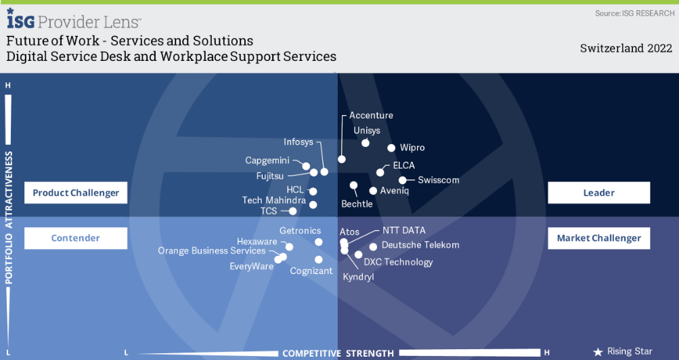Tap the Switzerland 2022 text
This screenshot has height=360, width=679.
[x=626, y=48]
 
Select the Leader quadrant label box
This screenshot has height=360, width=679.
[x=598, y=193]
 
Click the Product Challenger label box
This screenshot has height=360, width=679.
[x=76, y=193]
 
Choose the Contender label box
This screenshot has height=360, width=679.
[x=76, y=238]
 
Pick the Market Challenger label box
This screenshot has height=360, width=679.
[x=598, y=238]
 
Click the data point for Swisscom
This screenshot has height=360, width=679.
[x=403, y=180]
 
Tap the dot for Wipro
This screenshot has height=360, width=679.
[x=391, y=148]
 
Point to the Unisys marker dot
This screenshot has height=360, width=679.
[x=366, y=142]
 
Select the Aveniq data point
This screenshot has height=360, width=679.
[x=373, y=191]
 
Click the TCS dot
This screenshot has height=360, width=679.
[x=293, y=211]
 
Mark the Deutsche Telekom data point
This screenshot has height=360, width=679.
[x=373, y=246]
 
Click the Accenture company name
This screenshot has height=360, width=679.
[x=371, y=116]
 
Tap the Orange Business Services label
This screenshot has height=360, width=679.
[x=211, y=251]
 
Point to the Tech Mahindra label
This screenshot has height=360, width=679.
[x=273, y=200]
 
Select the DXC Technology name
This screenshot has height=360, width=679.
[x=398, y=262]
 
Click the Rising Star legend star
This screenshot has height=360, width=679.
[x=598, y=352]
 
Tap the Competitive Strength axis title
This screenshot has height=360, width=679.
[x=338, y=353]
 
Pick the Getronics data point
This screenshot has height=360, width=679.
[x=319, y=242]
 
